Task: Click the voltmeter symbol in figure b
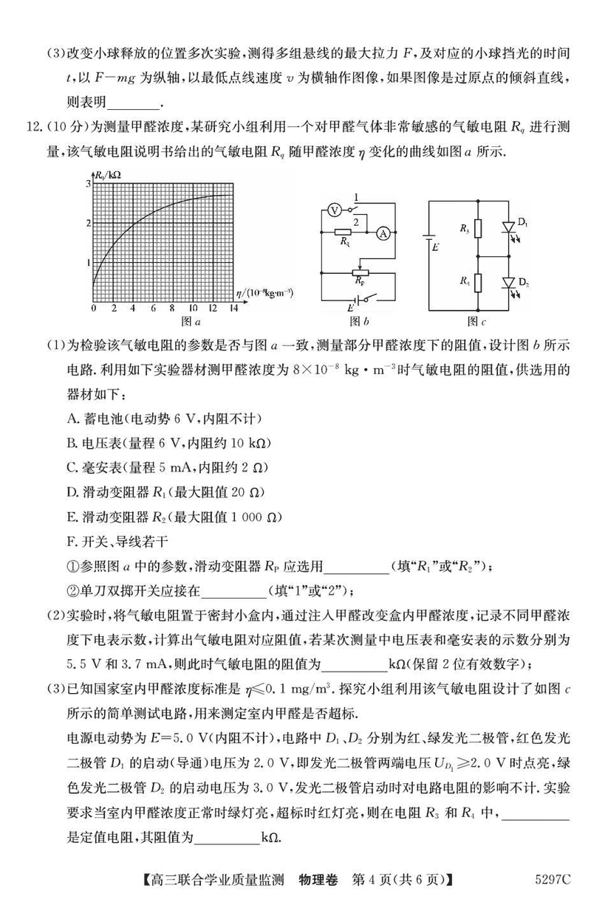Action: (333, 210)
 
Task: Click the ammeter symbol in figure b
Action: (383, 234)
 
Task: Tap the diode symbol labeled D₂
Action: (508, 283)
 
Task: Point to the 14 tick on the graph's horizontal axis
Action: (233, 308)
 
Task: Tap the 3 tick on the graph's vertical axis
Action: (88, 183)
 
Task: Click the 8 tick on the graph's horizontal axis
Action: (173, 308)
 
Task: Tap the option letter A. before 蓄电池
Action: (72, 418)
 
